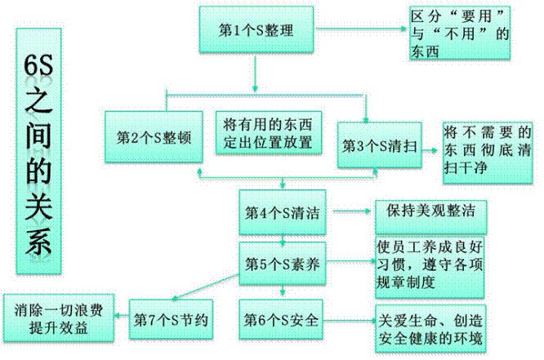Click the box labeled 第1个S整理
(x=256, y=31)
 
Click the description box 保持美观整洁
(x=426, y=210)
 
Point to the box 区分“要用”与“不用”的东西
(x=460, y=33)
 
